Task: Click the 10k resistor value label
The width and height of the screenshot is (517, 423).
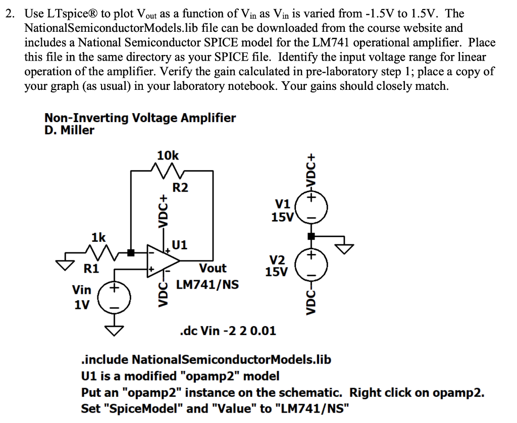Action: pyautogui.click(x=168, y=155)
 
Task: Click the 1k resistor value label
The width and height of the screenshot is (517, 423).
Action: pyautogui.click(x=98, y=237)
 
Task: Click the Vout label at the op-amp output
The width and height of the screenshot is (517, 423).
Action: pyautogui.click(x=213, y=268)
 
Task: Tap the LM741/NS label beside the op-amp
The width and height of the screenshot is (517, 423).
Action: pyautogui.click(x=207, y=285)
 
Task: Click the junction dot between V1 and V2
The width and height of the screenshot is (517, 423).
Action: pyautogui.click(x=312, y=236)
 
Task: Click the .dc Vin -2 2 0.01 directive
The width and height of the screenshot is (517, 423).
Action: pyautogui.click(x=228, y=331)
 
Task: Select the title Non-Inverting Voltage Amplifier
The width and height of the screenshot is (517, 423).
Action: pyautogui.click(x=140, y=118)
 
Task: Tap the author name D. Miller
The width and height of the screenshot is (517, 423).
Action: pyautogui.click(x=69, y=130)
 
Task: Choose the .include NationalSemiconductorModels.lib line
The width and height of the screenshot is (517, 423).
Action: pyautogui.click(x=206, y=359)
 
